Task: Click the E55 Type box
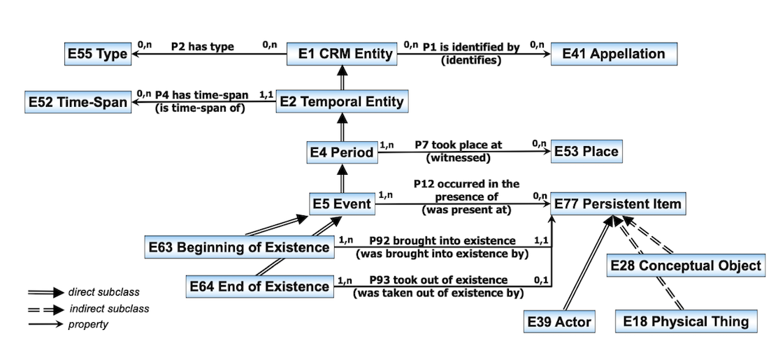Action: pos(97,54)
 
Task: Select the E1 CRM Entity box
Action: pos(341,54)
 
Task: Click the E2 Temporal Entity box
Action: pos(341,102)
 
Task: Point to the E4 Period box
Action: pos(341,152)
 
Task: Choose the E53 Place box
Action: pos(586,151)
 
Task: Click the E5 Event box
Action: pos(341,204)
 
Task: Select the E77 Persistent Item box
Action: pos(616,204)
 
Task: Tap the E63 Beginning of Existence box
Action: pos(239,247)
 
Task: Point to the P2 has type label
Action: pos(203,47)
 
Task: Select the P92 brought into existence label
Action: pos(442,240)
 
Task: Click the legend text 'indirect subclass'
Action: pos(109,308)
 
